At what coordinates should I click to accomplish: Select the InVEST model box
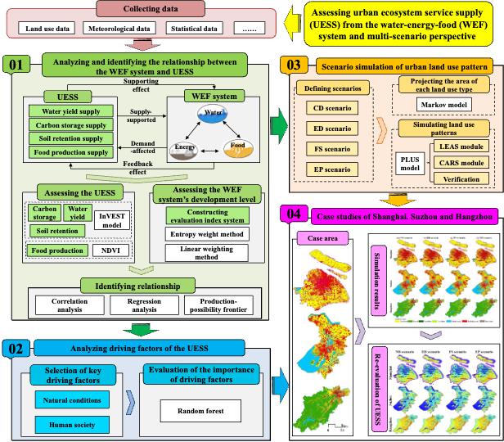(112, 221)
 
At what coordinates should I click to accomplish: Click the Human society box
(71, 425)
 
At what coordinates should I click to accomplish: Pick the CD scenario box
(326, 107)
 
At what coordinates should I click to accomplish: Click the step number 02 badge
(16, 348)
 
